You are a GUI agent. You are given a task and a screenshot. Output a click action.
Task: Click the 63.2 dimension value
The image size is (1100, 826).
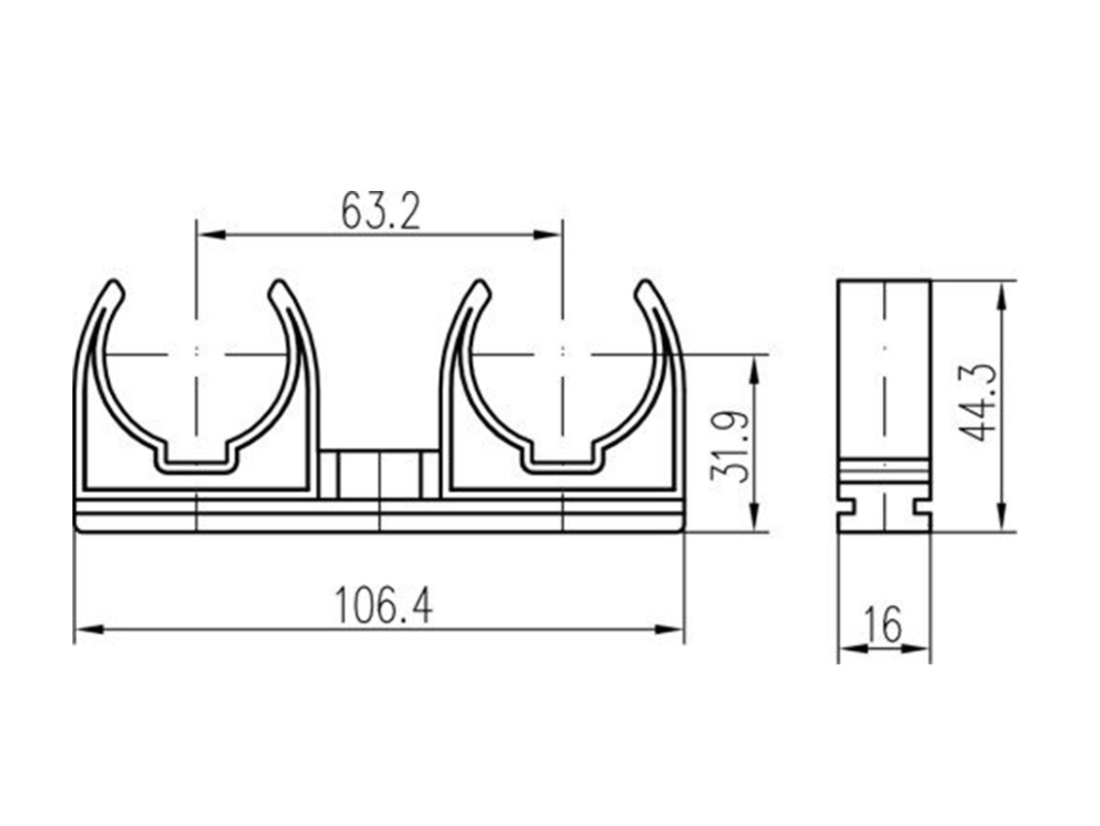pyautogui.click(x=380, y=211)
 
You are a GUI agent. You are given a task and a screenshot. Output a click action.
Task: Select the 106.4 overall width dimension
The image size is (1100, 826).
pyautogui.click(x=383, y=606)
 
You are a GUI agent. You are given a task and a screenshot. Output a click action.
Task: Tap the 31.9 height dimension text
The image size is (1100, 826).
pyautogui.click(x=731, y=446)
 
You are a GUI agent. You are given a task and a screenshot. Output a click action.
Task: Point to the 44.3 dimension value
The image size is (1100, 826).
pyautogui.click(x=978, y=403)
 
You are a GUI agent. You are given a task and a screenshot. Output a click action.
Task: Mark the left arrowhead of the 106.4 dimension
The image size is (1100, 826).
pyautogui.click(x=88, y=630)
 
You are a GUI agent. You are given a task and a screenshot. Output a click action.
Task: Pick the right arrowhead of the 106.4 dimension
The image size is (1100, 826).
pyautogui.click(x=669, y=630)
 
